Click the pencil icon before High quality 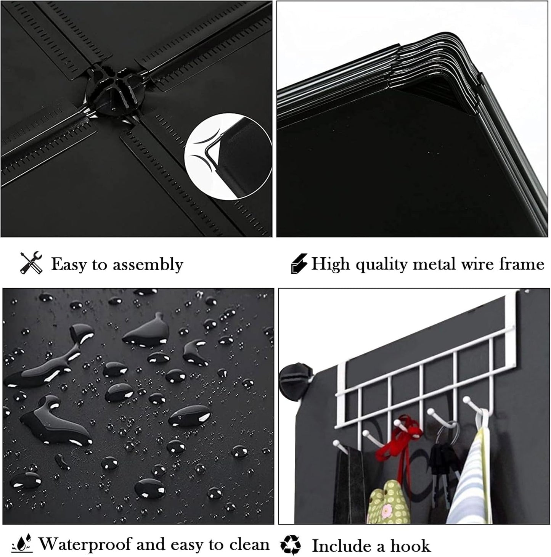click(x=299, y=263)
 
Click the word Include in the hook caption click(x=341, y=546)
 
